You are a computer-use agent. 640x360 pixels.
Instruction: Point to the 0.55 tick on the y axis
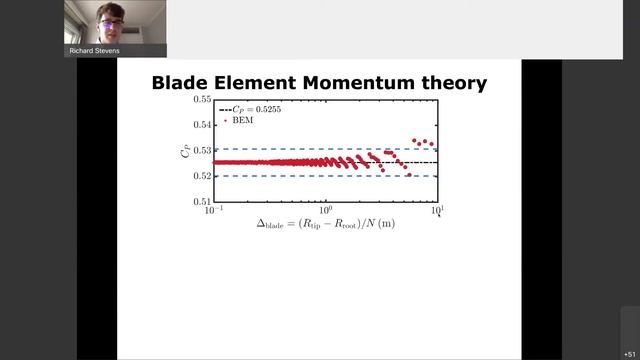[x=200, y=100]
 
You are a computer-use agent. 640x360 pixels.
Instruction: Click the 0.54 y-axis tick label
[x=200, y=125]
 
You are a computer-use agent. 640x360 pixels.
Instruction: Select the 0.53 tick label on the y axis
[x=200, y=150]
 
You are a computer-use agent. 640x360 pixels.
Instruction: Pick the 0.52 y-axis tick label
[x=200, y=176]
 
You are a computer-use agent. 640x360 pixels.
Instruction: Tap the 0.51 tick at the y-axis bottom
[x=200, y=201]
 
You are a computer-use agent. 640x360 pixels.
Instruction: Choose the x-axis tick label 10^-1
[x=213, y=211]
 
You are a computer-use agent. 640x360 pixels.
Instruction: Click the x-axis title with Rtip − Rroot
[x=324, y=224]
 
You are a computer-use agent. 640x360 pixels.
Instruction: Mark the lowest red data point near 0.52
[x=409, y=175]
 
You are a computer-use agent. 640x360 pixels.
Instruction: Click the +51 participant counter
[x=629, y=354]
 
